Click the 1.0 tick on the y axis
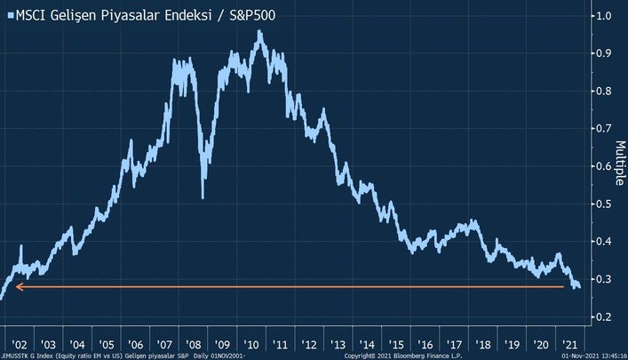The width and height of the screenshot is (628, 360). pyautogui.click(x=604, y=15)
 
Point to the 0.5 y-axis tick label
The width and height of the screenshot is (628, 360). pyautogui.click(x=604, y=204)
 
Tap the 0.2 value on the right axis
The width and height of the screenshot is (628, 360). pyautogui.click(x=604, y=316)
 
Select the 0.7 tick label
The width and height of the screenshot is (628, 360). pyautogui.click(x=604, y=128)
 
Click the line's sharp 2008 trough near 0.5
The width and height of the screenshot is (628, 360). pyautogui.click(x=203, y=197)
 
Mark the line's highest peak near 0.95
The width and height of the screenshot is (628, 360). pyautogui.click(x=259, y=32)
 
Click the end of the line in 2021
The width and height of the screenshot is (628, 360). pyautogui.click(x=578, y=287)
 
